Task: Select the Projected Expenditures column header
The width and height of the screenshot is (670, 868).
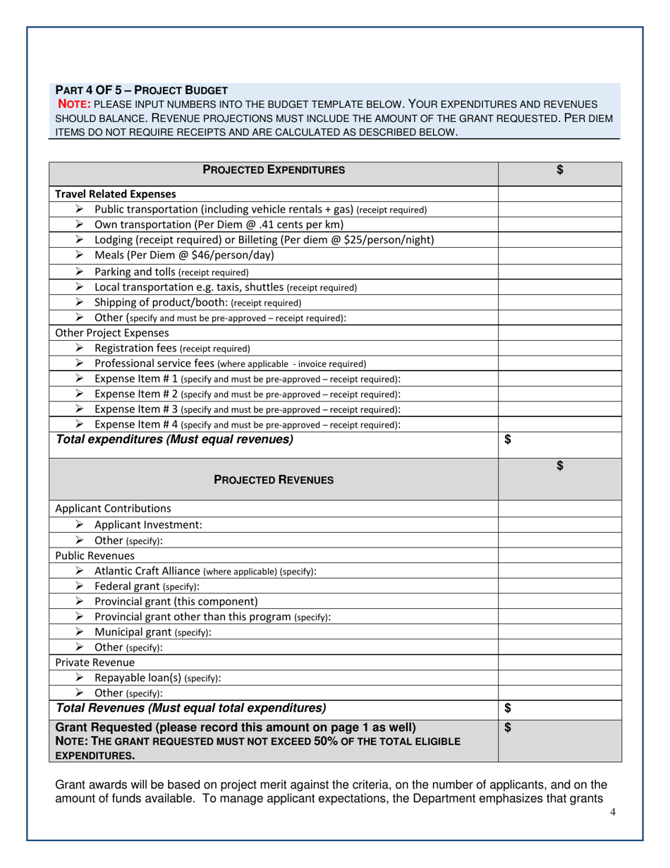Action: (274, 169)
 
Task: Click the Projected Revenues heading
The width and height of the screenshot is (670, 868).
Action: (274, 480)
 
